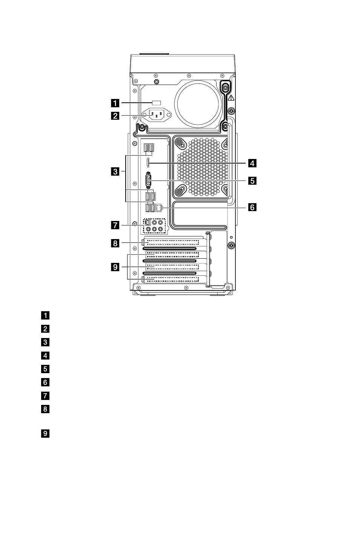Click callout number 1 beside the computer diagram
(115, 103)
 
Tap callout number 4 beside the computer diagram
(252, 163)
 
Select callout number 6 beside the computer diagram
(252, 207)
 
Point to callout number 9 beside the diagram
(115, 267)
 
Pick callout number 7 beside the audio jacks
(115, 225)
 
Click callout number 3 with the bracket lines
(115, 171)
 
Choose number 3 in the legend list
(45, 342)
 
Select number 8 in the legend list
(45, 409)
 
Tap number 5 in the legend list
(45, 369)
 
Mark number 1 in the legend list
(45, 315)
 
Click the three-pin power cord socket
(157, 115)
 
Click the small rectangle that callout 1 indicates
(157, 102)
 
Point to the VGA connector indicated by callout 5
(148, 180)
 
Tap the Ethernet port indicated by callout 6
(159, 208)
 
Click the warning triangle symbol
(231, 98)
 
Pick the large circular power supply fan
(198, 104)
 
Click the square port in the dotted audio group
(148, 222)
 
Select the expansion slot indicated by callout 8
(173, 242)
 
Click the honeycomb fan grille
(202, 167)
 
